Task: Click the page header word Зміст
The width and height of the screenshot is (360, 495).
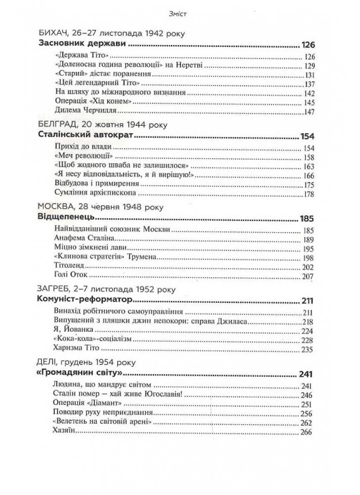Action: coord(180,15)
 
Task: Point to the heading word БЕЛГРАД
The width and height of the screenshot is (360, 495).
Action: coord(55,125)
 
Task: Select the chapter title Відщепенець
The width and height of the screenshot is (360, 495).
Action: coord(66,218)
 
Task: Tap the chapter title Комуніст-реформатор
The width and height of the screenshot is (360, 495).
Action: coord(86,300)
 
